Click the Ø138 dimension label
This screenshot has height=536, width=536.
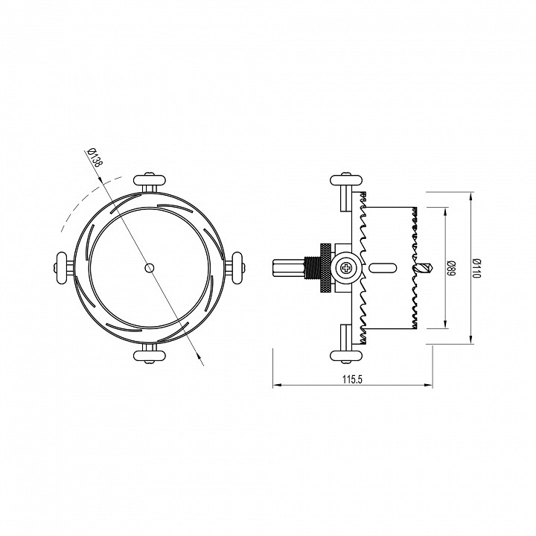[95, 161]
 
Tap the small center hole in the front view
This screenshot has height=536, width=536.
[149, 267]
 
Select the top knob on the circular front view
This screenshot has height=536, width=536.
[149, 179]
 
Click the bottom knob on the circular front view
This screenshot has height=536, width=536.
[149, 354]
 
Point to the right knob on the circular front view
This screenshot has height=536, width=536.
[237, 267]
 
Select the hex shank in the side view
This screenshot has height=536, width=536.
[287, 267]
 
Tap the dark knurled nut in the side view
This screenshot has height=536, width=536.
[325, 267]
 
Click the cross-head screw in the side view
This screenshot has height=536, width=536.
[348, 267]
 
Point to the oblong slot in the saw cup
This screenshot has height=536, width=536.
[383, 267]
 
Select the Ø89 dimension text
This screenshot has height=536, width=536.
[451, 267]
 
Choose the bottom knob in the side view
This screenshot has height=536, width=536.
[347, 354]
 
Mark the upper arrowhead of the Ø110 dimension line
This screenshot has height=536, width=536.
[472, 196]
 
